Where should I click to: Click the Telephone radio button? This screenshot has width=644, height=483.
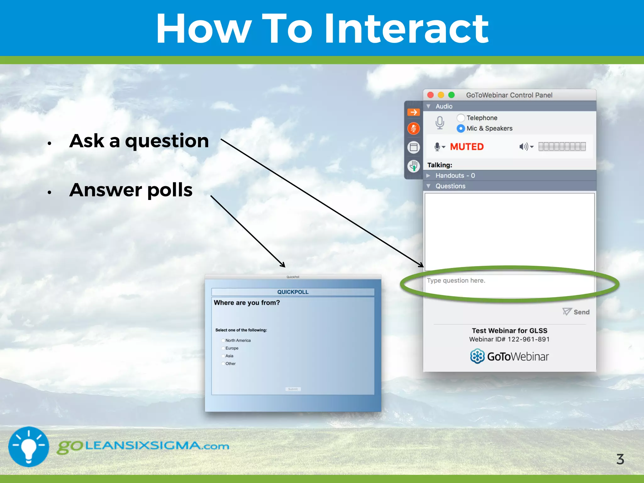[x=461, y=118]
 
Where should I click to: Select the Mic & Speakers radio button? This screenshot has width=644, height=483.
[x=461, y=128]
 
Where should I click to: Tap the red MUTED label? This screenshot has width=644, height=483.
[x=467, y=147]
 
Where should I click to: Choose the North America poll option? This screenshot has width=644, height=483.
[x=223, y=340]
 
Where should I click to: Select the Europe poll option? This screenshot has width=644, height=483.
[x=223, y=348]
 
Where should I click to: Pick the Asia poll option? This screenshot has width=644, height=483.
[x=223, y=356]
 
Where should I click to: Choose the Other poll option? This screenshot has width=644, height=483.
[x=223, y=364]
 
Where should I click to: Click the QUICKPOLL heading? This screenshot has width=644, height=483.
[x=293, y=292]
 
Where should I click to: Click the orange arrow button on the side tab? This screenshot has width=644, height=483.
[x=414, y=112]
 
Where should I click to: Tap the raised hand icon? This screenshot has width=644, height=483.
[x=414, y=166]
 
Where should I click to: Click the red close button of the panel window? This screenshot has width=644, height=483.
[x=430, y=95]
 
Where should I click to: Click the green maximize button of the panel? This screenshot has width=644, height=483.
[x=451, y=95]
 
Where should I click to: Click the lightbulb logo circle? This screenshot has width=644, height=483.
[x=29, y=447]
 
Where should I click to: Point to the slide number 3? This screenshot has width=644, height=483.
[x=620, y=459]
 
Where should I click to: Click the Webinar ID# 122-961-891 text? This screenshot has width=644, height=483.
[x=509, y=339]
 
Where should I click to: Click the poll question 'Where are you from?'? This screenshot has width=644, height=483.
[x=247, y=303]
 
